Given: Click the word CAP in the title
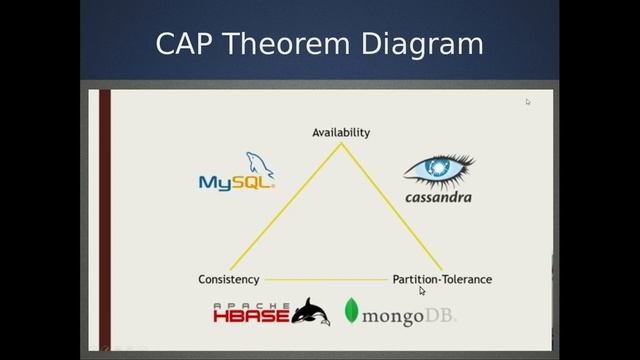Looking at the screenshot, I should pos(185,44).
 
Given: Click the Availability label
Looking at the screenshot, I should pos(341,132).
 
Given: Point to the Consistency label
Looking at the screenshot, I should pos(229,280).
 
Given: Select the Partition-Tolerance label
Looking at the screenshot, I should pos(442,280).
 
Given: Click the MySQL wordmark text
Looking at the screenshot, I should pos(235,182).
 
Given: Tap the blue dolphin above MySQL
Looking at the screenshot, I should pos(257,164).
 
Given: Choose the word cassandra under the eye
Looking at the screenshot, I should pos(439,197).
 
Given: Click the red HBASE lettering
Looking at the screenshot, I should pos(251,317).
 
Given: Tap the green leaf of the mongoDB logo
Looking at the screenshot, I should pos(352,311).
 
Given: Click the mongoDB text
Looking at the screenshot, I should pos(408,316).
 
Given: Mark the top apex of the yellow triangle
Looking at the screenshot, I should pos(341,144).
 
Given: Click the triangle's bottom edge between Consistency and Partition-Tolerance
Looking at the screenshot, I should pos(325,280).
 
